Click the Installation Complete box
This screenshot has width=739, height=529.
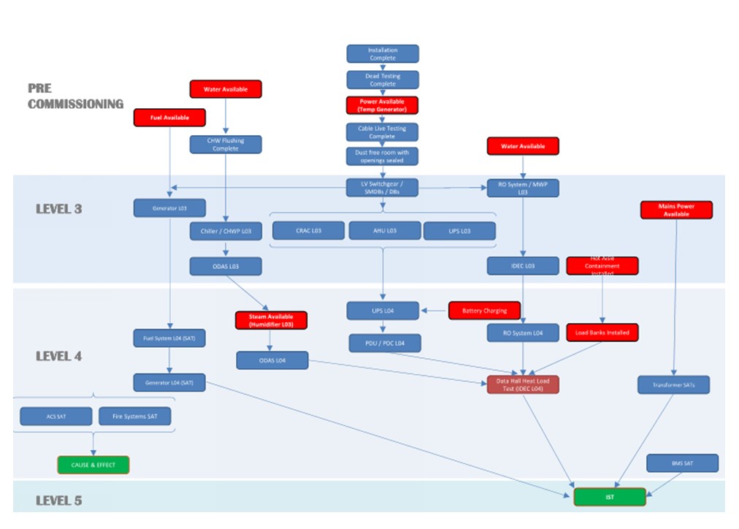[383, 53]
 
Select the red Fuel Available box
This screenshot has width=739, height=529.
[169, 117]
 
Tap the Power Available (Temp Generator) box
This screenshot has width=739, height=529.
[383, 105]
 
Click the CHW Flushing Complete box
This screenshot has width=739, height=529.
[226, 144]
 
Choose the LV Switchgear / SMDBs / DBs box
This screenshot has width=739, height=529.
[383, 188]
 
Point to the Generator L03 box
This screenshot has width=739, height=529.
[169, 208]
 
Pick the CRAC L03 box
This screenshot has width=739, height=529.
[308, 231]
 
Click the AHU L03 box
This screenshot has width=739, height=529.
[384, 231]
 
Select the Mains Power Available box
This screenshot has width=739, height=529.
[676, 210]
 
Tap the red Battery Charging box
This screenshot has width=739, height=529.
[484, 311]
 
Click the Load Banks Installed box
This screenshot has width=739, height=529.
[602, 332]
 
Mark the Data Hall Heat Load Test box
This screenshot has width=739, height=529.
[523, 384]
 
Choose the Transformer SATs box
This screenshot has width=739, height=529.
[673, 384]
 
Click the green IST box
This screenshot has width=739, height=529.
[610, 497]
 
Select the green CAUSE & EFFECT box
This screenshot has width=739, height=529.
[93, 465]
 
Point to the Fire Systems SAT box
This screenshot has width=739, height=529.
[134, 416]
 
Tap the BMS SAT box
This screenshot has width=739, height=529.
[682, 463]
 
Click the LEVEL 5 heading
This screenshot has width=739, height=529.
[59, 501]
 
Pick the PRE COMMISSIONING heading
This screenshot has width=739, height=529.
[75, 96]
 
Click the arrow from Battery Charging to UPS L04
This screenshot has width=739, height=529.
[434, 311]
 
